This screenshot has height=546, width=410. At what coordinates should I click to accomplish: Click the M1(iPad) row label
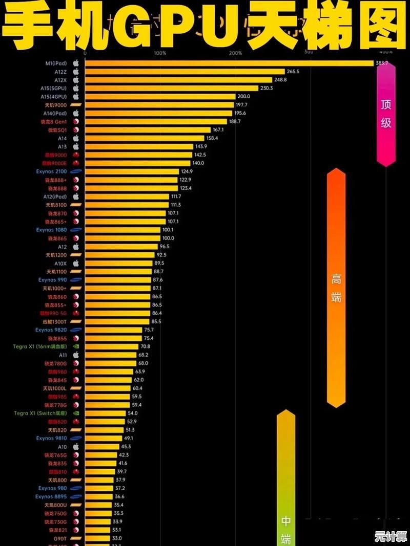click(x=56, y=63)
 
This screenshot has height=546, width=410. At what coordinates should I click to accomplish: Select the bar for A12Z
click(x=184, y=72)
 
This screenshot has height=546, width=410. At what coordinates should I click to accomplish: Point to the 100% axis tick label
click(x=159, y=53)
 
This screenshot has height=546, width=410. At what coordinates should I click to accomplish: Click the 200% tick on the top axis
click(x=235, y=53)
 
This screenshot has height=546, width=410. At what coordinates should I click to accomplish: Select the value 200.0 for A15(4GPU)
click(x=243, y=97)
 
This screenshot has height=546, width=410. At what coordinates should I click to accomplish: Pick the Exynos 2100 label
click(x=52, y=171)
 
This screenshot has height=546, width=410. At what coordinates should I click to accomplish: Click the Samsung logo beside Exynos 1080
click(x=76, y=230)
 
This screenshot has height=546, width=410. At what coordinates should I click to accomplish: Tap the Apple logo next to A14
click(x=76, y=138)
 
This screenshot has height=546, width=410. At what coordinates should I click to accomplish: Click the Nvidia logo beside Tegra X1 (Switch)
click(x=76, y=413)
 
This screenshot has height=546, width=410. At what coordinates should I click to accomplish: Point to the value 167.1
click(x=219, y=130)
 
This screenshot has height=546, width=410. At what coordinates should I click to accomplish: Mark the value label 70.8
click(x=146, y=346)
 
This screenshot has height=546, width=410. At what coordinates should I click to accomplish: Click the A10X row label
click(x=60, y=264)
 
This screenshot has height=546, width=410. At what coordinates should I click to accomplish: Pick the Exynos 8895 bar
click(x=98, y=496)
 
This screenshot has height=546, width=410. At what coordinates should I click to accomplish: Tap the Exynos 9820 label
click(x=51, y=330)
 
